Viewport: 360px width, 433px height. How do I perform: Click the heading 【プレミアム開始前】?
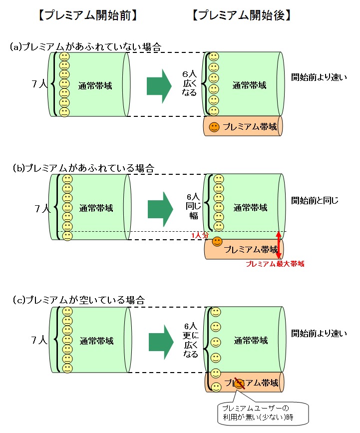pos(87,15)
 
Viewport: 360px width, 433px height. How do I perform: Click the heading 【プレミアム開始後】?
pos(241,15)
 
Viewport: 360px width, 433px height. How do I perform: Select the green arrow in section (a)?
pos(159,86)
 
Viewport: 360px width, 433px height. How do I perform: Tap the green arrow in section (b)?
pos(160,207)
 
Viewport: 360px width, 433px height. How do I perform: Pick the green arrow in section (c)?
pos(161,340)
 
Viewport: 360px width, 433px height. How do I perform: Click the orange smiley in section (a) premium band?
pos(214,127)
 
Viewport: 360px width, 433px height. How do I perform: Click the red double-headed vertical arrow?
pos(278,245)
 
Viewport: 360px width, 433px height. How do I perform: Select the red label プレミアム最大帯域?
pos(275,265)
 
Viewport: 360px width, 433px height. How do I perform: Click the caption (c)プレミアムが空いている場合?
pos(78,300)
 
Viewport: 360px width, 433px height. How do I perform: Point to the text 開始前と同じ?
pos(315,201)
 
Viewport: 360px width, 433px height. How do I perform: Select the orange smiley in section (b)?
pos(217,242)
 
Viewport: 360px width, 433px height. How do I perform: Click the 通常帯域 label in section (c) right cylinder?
pos(251,341)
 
